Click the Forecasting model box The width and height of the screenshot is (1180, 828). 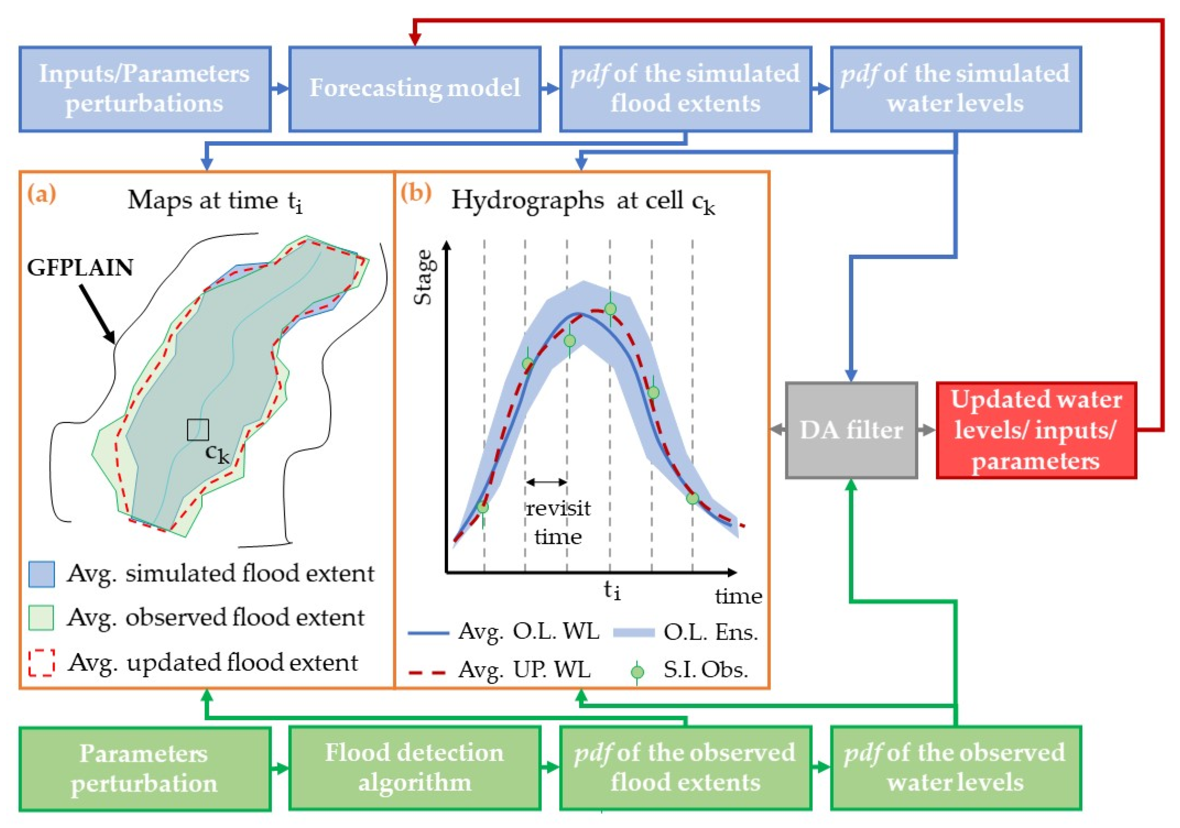[x=414, y=89]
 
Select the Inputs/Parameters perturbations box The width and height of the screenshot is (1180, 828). [x=145, y=89]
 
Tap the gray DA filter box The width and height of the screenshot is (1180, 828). [x=851, y=430]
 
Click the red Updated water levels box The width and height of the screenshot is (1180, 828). [x=1036, y=430]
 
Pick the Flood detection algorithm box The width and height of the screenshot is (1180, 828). [x=414, y=767]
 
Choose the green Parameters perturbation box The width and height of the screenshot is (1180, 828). [x=145, y=767]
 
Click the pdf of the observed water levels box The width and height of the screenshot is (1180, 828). [x=955, y=767]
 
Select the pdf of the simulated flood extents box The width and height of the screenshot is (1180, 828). [x=685, y=89]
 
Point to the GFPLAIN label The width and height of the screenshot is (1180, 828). [x=80, y=268]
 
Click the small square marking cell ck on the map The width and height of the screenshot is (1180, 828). [x=198, y=430]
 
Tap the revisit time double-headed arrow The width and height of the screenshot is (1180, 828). [x=546, y=482]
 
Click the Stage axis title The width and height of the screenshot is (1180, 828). [x=423, y=277]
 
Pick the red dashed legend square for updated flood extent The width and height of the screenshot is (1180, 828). [x=41, y=662]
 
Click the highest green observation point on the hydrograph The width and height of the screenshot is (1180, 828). [x=610, y=309]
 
